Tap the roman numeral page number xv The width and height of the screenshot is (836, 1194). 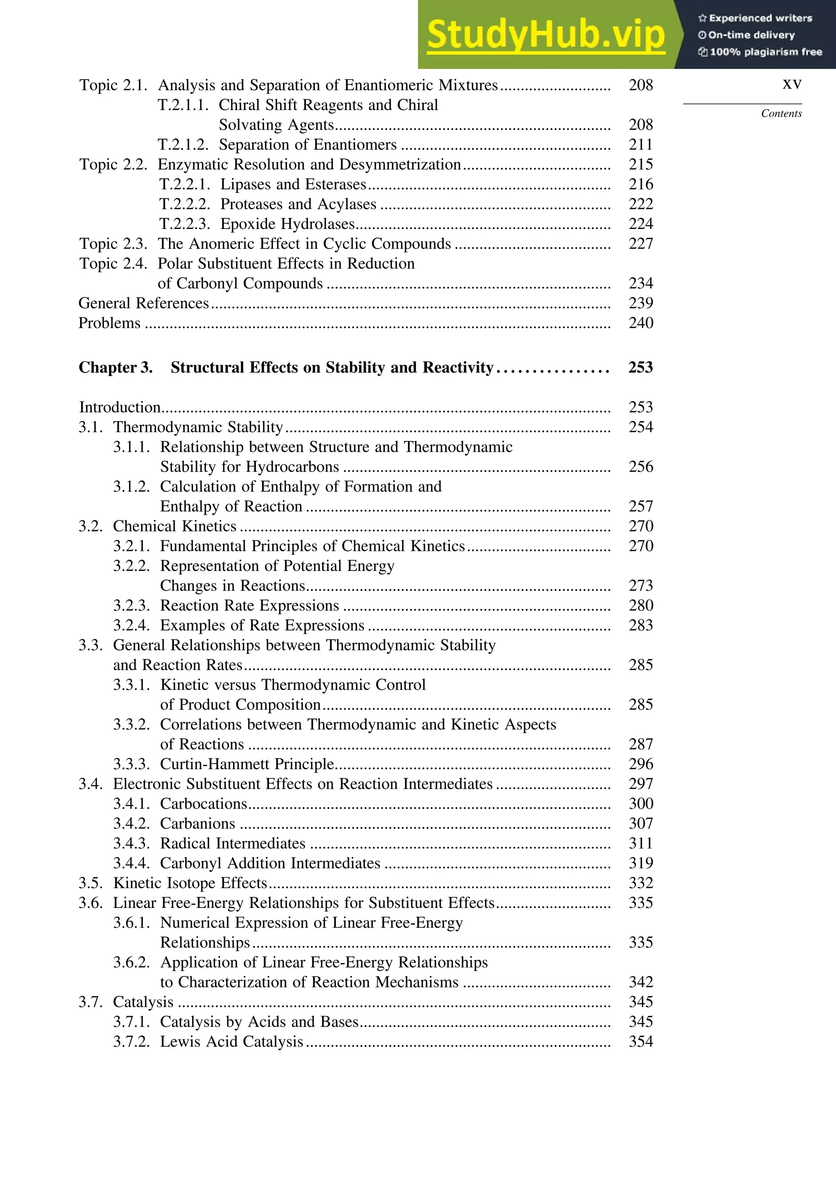click(792, 84)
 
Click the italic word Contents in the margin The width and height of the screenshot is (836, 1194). click(781, 113)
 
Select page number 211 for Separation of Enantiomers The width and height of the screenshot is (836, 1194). click(640, 144)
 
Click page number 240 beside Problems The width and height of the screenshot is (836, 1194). click(640, 323)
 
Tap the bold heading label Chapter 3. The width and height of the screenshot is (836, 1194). click(116, 367)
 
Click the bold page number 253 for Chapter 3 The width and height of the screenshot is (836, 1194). click(640, 367)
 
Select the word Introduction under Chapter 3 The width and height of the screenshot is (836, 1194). click(120, 407)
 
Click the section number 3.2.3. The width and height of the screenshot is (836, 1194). click(131, 605)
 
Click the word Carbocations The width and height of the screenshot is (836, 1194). click(203, 803)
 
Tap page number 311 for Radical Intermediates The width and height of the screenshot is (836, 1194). click(640, 843)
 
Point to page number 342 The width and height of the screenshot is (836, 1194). click(640, 982)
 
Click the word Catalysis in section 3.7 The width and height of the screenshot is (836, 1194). click(143, 1001)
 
